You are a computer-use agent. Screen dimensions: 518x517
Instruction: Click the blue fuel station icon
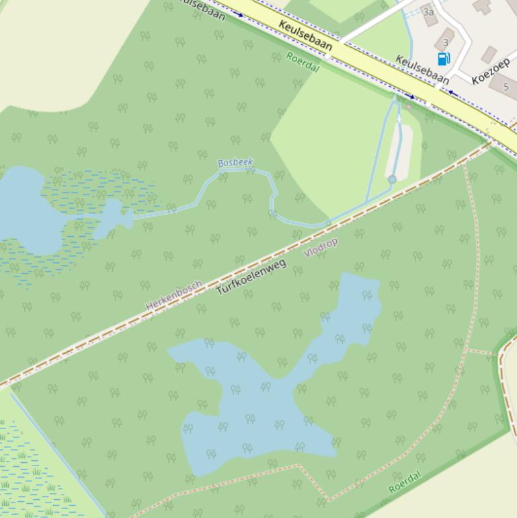pyautogui.click(x=444, y=59)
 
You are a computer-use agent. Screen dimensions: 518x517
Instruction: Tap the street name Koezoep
pyautogui.click(x=490, y=71)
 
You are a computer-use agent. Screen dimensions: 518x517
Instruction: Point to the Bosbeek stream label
pyautogui.click(x=235, y=163)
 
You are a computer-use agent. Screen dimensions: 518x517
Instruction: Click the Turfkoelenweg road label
pyautogui.click(x=251, y=276)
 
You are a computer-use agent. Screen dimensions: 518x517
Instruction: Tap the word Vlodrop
pyautogui.click(x=321, y=247)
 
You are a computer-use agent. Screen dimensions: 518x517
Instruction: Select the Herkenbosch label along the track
pyautogui.click(x=174, y=295)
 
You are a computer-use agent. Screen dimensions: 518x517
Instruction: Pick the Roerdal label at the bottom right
pyautogui.click(x=405, y=482)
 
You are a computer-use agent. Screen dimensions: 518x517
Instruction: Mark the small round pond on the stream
pyautogui.click(x=392, y=180)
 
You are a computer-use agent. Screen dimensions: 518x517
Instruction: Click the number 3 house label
pyautogui.click(x=445, y=42)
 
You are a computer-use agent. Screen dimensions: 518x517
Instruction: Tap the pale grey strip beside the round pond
pyautogui.click(x=401, y=151)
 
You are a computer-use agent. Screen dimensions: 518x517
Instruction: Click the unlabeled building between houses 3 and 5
pyautogui.click(x=489, y=54)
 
